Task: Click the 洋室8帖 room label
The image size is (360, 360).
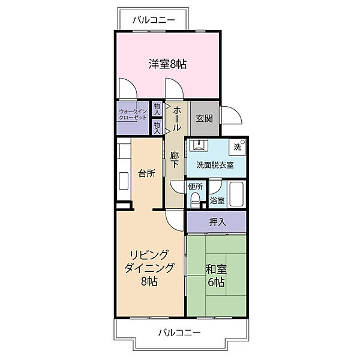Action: (167, 64)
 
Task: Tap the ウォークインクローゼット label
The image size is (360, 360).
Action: (133, 115)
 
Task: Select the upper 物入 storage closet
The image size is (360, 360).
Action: (157, 109)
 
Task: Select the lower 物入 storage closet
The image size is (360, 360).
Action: (157, 127)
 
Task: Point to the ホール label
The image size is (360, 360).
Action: (177, 119)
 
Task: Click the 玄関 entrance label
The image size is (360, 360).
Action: (204, 119)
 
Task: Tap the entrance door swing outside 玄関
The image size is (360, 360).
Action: (231, 115)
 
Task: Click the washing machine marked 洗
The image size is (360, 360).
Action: (238, 147)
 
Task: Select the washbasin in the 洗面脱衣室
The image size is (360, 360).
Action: (198, 145)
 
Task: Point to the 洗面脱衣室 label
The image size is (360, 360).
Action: (215, 165)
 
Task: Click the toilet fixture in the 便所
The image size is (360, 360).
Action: (196, 200)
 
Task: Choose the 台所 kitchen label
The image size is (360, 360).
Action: (147, 173)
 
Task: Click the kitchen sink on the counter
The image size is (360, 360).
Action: (124, 181)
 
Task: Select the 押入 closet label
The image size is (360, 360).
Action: (217, 222)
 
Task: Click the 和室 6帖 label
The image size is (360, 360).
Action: (216, 275)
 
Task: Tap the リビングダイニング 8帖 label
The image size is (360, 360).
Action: (149, 268)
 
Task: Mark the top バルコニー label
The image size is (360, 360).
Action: (154, 20)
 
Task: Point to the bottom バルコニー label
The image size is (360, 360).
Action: (179, 332)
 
